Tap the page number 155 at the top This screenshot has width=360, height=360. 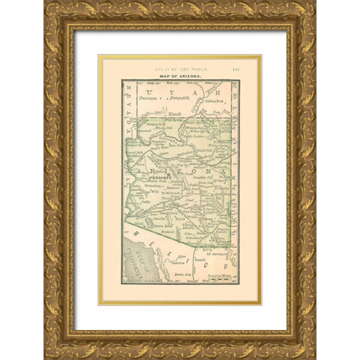tap(254, 62)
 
